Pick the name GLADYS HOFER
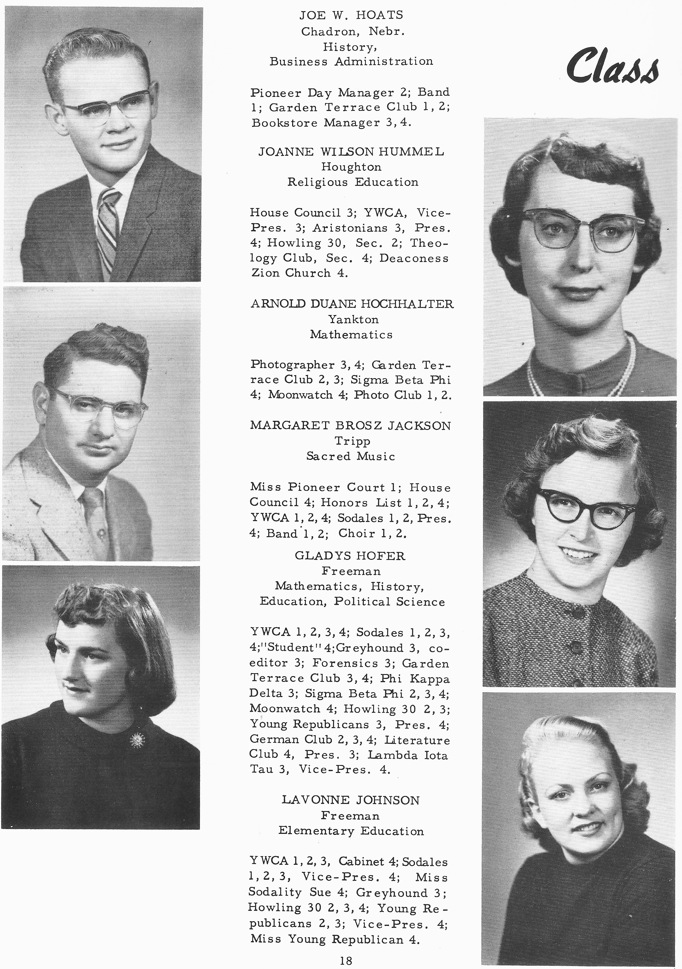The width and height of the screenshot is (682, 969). click(350, 556)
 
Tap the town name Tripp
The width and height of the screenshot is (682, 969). click(352, 441)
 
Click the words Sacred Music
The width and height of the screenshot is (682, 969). click(351, 456)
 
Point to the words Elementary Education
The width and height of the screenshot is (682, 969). click(351, 831)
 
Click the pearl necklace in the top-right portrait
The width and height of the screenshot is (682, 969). click(623, 371)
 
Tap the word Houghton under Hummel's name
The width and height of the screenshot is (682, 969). click(351, 167)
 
